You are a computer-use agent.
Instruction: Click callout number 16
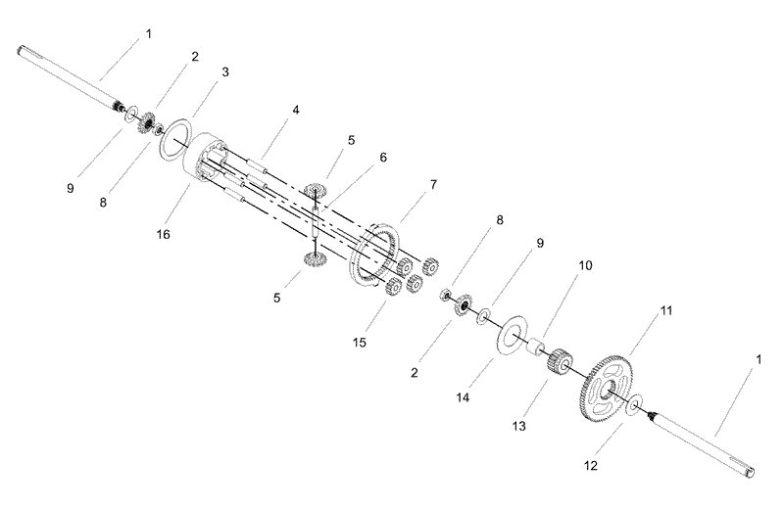pos(164,234)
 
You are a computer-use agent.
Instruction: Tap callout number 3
pos(225,71)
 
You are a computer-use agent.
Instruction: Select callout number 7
pos(433,185)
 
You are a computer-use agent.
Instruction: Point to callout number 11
pos(666,310)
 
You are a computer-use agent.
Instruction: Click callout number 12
pos(591,466)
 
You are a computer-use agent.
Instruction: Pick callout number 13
pos(519,426)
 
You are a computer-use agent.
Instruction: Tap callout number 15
pos(360,343)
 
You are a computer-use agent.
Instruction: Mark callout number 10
pos(585,265)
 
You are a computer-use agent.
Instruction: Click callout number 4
pos(296,110)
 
